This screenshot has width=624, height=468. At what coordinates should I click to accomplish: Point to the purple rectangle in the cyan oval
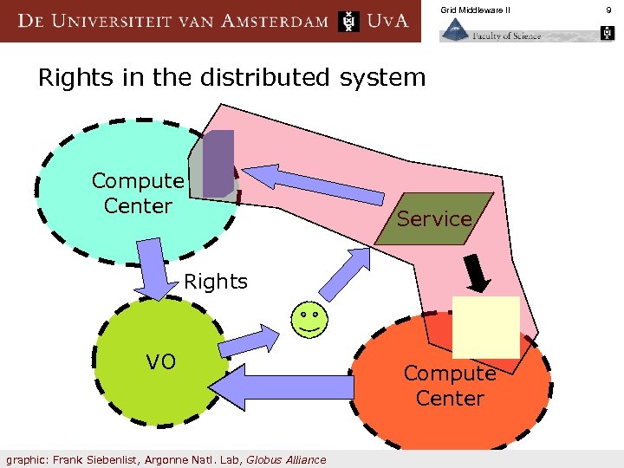[x=218, y=163]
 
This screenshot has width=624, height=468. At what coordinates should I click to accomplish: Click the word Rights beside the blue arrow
[x=216, y=282]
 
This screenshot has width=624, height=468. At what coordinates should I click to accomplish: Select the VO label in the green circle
[x=160, y=361]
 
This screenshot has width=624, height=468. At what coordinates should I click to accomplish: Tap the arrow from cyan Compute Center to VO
[x=155, y=270]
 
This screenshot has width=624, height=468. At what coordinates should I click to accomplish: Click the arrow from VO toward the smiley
[x=248, y=341]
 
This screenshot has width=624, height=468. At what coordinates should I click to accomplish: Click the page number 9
[x=608, y=10]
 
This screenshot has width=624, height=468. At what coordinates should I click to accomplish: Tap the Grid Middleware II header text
[x=475, y=10]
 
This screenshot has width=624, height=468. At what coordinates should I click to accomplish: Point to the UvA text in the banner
[x=387, y=21]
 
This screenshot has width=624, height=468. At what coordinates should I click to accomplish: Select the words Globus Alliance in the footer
[x=286, y=459]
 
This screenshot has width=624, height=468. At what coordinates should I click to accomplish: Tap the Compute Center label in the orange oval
[x=449, y=386]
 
